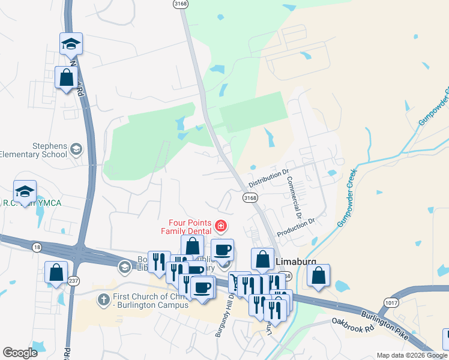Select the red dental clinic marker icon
[x=221, y=226]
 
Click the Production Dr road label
[x=295, y=227]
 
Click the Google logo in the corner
[x=20, y=353]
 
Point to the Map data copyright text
[x=412, y=355]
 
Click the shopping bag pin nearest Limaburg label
[x=262, y=260]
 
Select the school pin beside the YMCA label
[x=25, y=191]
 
